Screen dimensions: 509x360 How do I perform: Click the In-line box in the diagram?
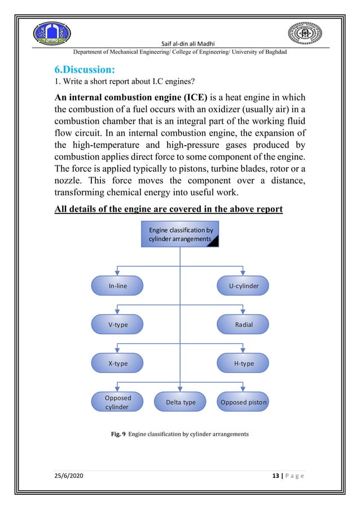(x=118, y=286)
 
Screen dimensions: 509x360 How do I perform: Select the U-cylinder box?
(x=244, y=286)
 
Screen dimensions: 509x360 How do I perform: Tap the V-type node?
(x=118, y=324)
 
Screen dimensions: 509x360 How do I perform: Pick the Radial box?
(x=244, y=324)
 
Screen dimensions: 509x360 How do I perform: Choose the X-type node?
(x=118, y=363)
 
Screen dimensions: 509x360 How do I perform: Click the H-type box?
(x=244, y=363)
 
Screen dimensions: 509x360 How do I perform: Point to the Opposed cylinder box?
(x=118, y=402)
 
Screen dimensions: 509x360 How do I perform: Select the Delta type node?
(x=180, y=402)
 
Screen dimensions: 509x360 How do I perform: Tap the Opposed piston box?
(x=244, y=402)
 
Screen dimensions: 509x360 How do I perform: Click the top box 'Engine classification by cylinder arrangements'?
(x=179, y=234)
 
